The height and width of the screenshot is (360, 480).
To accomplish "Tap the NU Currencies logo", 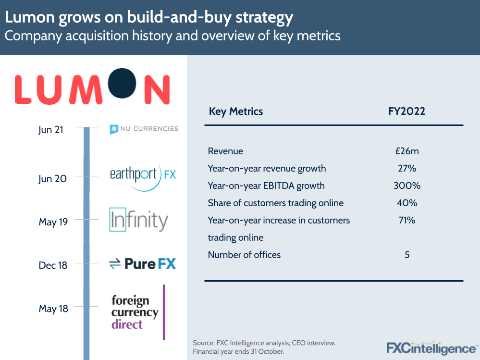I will coord(144,129).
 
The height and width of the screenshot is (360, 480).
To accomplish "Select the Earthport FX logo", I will coord(143,174).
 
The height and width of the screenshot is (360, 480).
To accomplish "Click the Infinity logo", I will coord(138,220).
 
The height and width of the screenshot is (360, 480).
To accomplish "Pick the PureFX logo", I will coord(143,263).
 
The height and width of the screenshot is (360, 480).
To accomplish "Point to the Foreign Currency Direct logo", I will coord(135,312).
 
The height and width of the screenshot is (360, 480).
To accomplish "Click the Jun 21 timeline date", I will coord(51,130).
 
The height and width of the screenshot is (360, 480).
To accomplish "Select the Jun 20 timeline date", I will coord(52,179).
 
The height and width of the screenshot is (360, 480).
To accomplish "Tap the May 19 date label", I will coord(53,222).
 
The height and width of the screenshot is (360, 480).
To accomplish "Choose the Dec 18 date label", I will coord(53,265).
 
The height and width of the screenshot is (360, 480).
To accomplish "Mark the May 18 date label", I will coord(53,309).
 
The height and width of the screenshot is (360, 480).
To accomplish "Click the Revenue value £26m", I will coord(406,151).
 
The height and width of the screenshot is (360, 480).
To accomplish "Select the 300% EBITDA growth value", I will coord(406,186).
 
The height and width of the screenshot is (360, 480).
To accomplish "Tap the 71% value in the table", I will coord(406,220).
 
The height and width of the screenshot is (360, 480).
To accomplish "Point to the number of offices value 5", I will coord(406,255).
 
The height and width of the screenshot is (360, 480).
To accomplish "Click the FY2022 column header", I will coord(406,112).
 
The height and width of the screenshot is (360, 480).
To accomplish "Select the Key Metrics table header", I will coord(236,112).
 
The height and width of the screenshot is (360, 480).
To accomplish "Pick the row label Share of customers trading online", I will coord(275,203).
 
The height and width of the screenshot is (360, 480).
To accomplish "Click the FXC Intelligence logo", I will coord(432,348).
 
